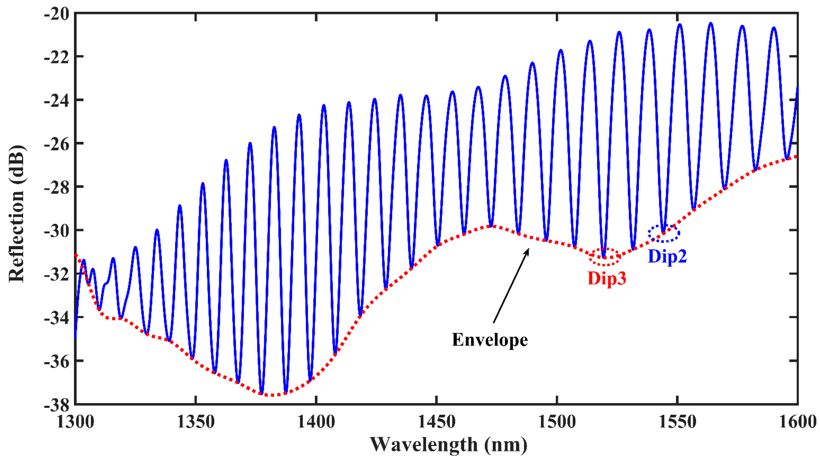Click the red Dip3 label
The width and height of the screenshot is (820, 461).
coord(607,278)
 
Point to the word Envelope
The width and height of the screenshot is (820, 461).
coord(490,340)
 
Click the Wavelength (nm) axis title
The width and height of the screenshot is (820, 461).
coord(448,445)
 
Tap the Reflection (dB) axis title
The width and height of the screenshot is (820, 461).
coord(17,214)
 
